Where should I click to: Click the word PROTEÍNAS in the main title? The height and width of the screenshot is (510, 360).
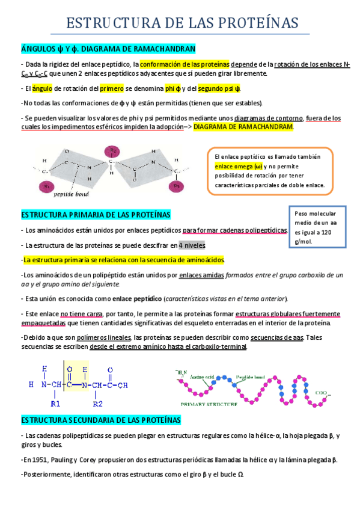point(255,23)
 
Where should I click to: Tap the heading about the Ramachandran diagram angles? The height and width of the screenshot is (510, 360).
point(108,48)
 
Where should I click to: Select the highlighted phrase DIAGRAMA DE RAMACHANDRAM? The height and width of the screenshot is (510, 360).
point(244,127)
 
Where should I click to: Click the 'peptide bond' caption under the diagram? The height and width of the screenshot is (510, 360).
point(72,194)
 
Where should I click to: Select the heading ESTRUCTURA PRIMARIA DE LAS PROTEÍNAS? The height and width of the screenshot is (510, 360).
point(96,215)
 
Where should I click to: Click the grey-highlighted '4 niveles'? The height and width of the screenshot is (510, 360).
point(192,245)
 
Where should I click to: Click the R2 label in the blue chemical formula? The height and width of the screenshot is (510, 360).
point(98,403)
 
